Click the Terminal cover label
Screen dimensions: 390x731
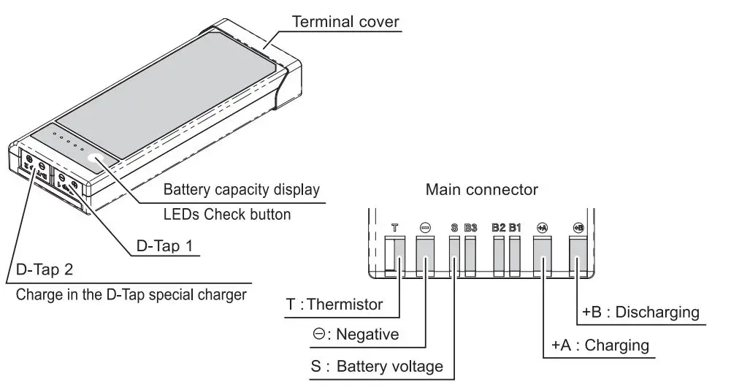tap(346, 22)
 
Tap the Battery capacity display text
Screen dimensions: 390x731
tap(241, 191)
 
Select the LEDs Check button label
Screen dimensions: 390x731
tap(226, 214)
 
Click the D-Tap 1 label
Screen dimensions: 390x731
tap(164, 246)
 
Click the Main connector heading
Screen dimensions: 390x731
tap(481, 190)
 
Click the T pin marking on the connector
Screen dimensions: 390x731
tap(394, 228)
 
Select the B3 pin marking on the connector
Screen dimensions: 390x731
tap(470, 228)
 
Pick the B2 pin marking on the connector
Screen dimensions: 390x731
tap(498, 228)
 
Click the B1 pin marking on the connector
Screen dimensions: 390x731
tap(515, 228)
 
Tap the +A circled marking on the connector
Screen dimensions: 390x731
tap(542, 228)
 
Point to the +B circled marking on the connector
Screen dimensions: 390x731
tap(578, 228)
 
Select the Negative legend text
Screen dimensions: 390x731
tap(355, 334)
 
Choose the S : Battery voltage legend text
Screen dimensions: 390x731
tap(376, 366)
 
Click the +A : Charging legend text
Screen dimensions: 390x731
tap(600, 344)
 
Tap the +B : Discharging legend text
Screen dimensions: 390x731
tap(640, 313)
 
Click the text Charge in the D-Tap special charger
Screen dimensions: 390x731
tap(131, 295)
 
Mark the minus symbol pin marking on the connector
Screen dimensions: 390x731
tap(425, 228)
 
